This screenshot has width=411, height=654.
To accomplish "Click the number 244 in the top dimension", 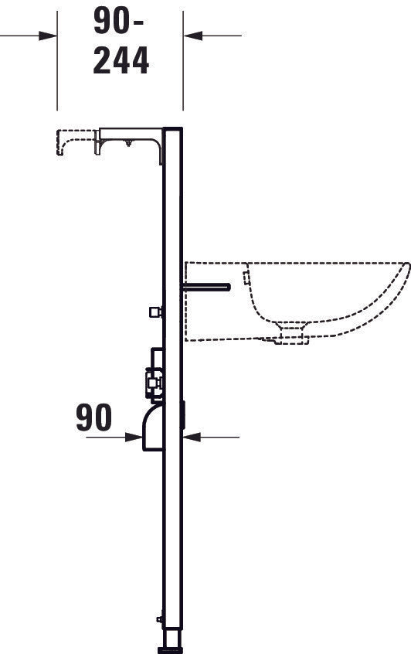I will click(x=121, y=62).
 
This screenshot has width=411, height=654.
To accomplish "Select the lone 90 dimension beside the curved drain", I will click(x=93, y=418).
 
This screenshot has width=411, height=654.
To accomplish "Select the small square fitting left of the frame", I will click(x=155, y=312).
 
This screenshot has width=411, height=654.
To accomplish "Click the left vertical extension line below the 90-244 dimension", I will click(x=59, y=77).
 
